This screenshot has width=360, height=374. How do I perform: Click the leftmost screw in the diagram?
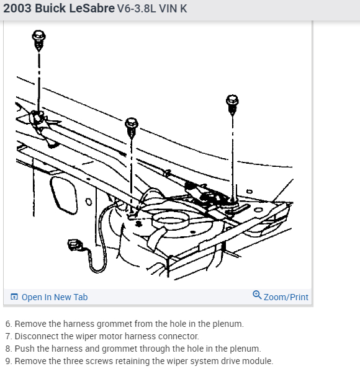[x=38, y=40]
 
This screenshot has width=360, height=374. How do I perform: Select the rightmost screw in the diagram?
[x=232, y=104]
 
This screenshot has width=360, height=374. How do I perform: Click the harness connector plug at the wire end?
[x=75, y=245]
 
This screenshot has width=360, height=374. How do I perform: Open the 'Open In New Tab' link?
[x=55, y=297]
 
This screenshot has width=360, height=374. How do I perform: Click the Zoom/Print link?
[x=286, y=297]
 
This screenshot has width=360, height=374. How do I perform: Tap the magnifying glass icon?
[x=257, y=295]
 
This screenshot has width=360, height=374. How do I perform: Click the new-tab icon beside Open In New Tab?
[x=14, y=296]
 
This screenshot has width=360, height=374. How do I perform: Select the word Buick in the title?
[x=50, y=8]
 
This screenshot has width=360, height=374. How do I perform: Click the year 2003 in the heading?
[x=17, y=8]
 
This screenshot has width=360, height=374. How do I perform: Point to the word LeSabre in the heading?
[x=92, y=8]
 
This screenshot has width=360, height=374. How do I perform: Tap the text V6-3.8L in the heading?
[x=137, y=9]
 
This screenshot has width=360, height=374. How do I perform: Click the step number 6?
[x=9, y=324]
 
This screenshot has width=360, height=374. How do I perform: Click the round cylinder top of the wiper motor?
[x=171, y=220]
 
